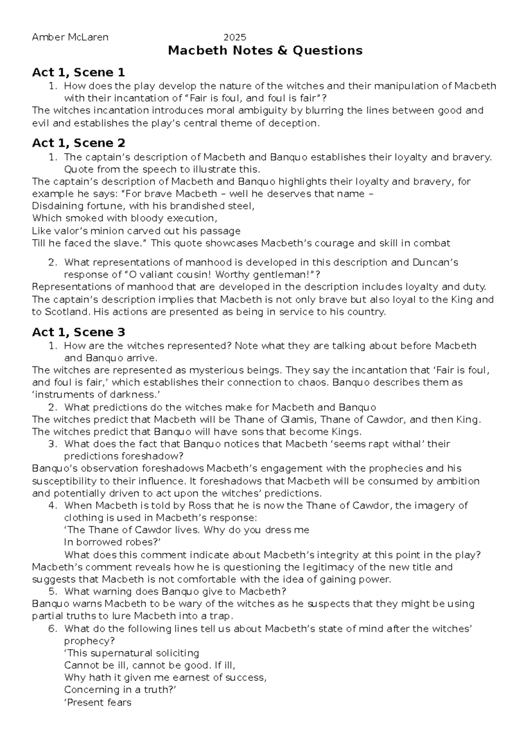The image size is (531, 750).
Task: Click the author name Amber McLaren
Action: [70, 38]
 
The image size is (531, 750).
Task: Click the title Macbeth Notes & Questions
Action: [265, 51]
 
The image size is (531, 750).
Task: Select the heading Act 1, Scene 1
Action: [78, 72]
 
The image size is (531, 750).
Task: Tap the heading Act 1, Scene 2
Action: [78, 143]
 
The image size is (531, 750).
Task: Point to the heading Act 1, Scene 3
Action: [78, 332]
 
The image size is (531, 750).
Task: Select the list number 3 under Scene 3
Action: [53, 444]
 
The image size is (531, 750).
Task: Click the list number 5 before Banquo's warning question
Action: [53, 592]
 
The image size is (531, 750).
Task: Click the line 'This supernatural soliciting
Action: [131, 653]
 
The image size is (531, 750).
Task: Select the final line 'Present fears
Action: [98, 702]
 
